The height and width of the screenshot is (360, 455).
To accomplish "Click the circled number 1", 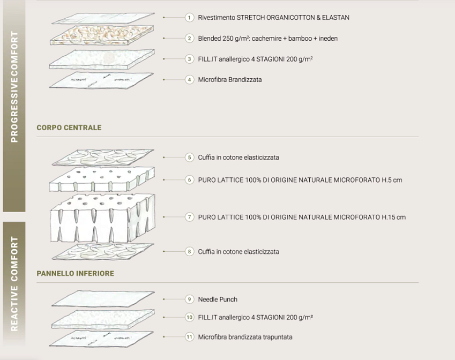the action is click(190, 18).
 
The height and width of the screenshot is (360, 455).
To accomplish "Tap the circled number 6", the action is click(190, 180).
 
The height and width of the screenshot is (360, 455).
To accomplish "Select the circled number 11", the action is click(190, 337).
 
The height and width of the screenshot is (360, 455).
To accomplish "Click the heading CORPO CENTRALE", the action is click(69, 127).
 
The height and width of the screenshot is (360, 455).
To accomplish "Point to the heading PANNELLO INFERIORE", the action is click(76, 274).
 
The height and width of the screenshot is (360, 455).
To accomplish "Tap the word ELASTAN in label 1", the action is click(335, 18).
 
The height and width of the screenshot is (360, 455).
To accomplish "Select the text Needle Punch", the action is click(218, 299).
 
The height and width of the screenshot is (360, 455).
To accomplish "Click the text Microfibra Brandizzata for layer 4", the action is click(230, 80).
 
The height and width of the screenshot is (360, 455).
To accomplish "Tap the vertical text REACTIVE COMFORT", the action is click(14, 284).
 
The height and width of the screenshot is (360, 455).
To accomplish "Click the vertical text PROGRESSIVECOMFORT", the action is click(14, 87).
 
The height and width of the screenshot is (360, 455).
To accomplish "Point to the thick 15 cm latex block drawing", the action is click(102, 218).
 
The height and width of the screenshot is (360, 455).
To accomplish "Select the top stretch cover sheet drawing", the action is click(103, 18).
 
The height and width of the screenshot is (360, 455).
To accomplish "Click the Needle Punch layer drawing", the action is click(103, 299).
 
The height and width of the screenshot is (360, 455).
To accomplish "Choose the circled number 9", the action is click(190, 299).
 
